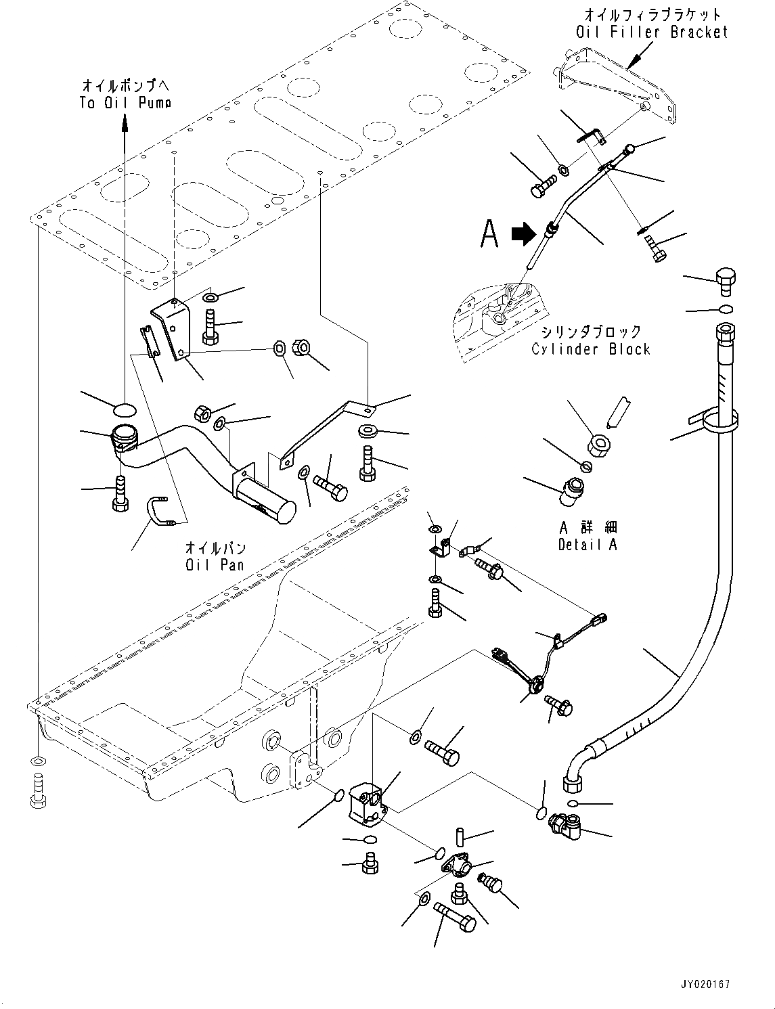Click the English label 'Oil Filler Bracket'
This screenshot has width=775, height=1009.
coord(652,32)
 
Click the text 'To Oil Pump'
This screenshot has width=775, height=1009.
coord(125,102)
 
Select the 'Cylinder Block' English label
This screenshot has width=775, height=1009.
coord(590,349)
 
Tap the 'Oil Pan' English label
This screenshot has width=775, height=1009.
coord(215,563)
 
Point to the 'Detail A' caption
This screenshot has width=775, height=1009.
coord(588,544)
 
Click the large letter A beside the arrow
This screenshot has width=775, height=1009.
coord(489,233)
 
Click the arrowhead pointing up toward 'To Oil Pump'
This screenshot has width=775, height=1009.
coord(125,122)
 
